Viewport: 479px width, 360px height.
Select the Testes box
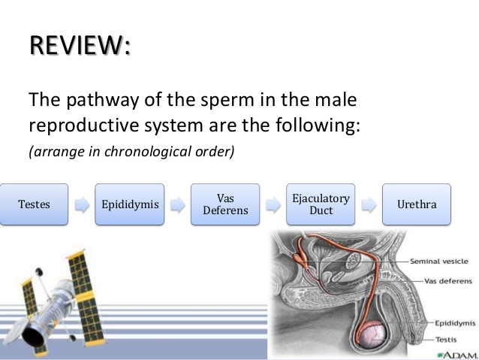(34, 204)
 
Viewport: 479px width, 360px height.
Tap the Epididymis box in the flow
(129, 204)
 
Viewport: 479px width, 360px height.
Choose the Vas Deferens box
(225, 204)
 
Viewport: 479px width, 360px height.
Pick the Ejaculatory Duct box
(321, 204)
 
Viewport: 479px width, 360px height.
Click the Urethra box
(417, 204)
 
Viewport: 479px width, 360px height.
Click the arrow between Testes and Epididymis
(82, 204)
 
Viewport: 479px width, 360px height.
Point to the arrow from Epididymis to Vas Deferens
(177, 204)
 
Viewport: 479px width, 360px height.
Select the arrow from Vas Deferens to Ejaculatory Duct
(273, 204)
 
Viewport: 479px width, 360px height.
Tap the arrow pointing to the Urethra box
(369, 204)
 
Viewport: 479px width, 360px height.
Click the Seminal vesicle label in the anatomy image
(439, 262)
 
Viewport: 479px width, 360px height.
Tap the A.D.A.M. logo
(454, 352)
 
